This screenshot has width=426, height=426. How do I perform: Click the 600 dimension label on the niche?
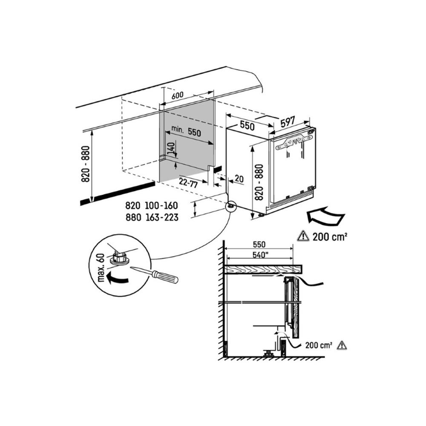click(x=178, y=96)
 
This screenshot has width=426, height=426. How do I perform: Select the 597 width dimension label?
click(x=288, y=121)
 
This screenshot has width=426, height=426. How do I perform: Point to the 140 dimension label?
click(x=171, y=149)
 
